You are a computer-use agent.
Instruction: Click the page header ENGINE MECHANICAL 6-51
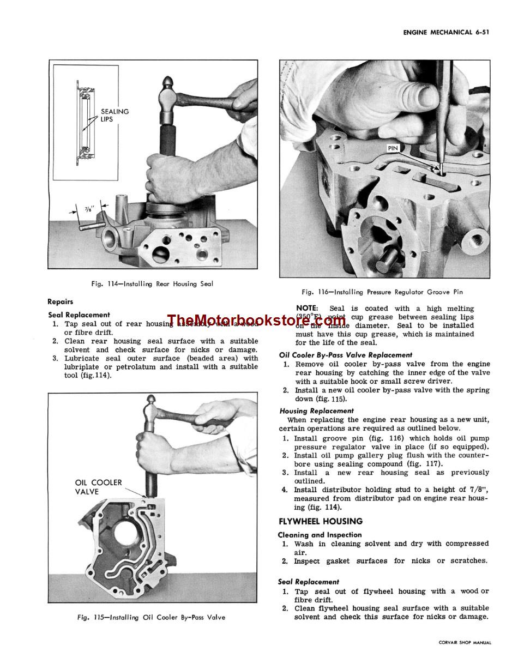click(x=445, y=32)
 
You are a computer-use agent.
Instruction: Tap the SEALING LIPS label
click(x=115, y=115)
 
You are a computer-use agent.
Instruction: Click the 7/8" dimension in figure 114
click(x=89, y=209)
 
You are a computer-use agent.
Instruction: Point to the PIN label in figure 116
click(x=393, y=148)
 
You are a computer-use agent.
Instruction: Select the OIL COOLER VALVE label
click(x=98, y=487)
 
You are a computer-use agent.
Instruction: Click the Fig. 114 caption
click(x=152, y=283)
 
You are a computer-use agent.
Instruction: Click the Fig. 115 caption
click(x=151, y=617)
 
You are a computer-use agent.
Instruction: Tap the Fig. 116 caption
click(x=382, y=292)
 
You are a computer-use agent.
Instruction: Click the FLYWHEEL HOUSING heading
click(x=320, y=521)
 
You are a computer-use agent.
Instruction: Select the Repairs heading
click(x=60, y=301)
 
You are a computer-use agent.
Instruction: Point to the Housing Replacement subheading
click(x=316, y=411)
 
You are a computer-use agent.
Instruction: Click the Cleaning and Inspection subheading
click(x=320, y=535)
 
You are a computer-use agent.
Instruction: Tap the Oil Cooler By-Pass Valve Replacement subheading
click(x=346, y=355)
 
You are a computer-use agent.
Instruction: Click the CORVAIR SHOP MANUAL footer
click(x=465, y=643)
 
